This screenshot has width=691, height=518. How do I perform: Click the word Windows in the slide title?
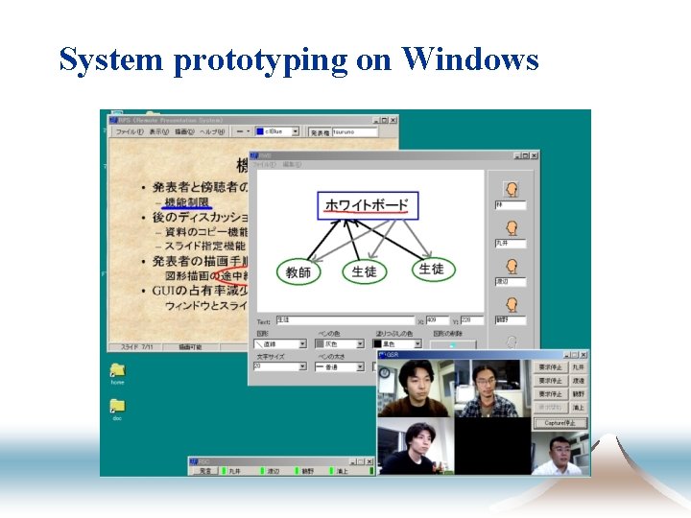coord(470,59)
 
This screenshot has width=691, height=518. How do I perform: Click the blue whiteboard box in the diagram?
coord(367,204)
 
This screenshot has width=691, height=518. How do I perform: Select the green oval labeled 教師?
coord(298,272)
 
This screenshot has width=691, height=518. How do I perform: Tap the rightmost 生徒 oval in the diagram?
coord(431,270)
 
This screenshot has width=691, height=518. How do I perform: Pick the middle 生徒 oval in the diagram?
coord(364,272)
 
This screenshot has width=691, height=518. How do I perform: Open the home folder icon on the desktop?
coord(117,371)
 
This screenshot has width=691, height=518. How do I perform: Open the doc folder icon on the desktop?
coord(117,407)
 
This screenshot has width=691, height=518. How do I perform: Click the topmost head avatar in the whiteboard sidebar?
coord(512,190)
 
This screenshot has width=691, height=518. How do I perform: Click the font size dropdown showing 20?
coord(279,366)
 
